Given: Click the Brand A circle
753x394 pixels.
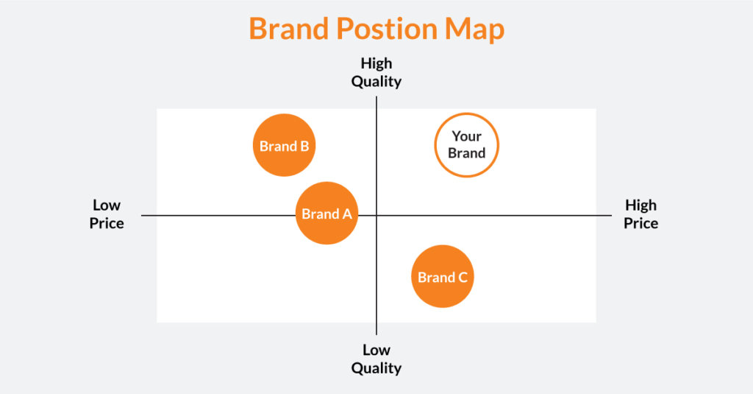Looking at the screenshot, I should coord(326,214).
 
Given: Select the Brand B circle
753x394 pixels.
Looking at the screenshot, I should coord(285,145).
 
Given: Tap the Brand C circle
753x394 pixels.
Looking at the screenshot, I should coord(442,277).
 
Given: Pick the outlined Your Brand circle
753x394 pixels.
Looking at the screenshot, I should coord(466,145).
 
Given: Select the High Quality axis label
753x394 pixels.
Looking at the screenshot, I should coord(376,72).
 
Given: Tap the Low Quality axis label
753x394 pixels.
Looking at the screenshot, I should coord(376,359).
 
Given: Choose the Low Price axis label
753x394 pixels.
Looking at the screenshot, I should coord(107,214).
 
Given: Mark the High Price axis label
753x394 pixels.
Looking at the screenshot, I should coord(640,214).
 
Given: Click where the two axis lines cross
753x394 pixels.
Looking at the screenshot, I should coord(376,215).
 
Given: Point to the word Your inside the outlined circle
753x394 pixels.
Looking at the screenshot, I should coord(466,136).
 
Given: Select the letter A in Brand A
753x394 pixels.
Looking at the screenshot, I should coord(346,214).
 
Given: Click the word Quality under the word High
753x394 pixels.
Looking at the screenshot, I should coord(376,82).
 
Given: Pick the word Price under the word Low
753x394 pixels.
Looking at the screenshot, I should coord(107,222).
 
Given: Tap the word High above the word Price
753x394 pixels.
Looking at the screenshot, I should coord(640,205).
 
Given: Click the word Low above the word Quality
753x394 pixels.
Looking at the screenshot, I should coord(376,350).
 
